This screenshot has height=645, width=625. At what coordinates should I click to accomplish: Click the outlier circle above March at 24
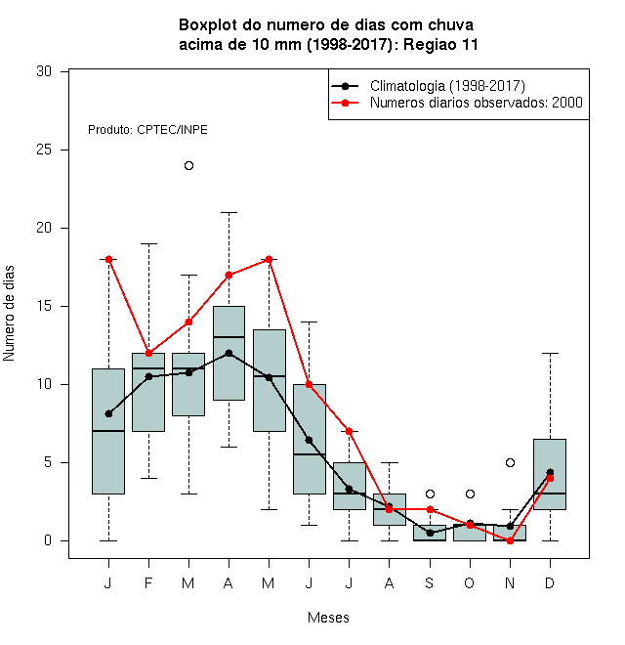pos(188,166)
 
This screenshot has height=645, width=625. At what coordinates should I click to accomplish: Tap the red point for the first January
pos(109,259)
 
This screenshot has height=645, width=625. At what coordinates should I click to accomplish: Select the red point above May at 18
pos(269,259)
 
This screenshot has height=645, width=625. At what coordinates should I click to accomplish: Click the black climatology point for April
pos(229,353)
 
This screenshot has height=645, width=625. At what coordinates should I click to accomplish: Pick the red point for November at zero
pos(510,540)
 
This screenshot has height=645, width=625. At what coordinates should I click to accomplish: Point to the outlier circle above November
pos(510,463)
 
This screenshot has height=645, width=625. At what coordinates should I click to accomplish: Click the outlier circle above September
pos(430,494)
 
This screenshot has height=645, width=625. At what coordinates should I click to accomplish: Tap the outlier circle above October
pos(470,494)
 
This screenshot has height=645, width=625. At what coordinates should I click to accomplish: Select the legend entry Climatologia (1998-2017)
pos(429,86)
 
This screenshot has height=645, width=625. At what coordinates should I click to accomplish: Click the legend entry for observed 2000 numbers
pos(457,103)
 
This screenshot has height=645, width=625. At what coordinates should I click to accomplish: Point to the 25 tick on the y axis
pos(64,150)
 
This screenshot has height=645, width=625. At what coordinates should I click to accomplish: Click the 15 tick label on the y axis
pos(44,306)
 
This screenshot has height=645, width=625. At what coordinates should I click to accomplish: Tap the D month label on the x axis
pos(550,582)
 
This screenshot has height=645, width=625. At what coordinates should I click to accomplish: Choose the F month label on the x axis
pos(148,582)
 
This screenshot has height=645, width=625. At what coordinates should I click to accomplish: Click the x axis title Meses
pos(328,618)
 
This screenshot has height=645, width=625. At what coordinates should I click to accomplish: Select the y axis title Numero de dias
pos(9,314)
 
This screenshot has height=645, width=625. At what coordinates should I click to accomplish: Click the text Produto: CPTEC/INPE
pos(147,130)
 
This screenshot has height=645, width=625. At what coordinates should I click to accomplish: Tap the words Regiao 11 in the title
pos(440,44)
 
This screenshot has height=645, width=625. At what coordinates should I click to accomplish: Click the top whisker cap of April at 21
pos(229,213)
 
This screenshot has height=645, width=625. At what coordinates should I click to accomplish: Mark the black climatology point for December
pos(550,472)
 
